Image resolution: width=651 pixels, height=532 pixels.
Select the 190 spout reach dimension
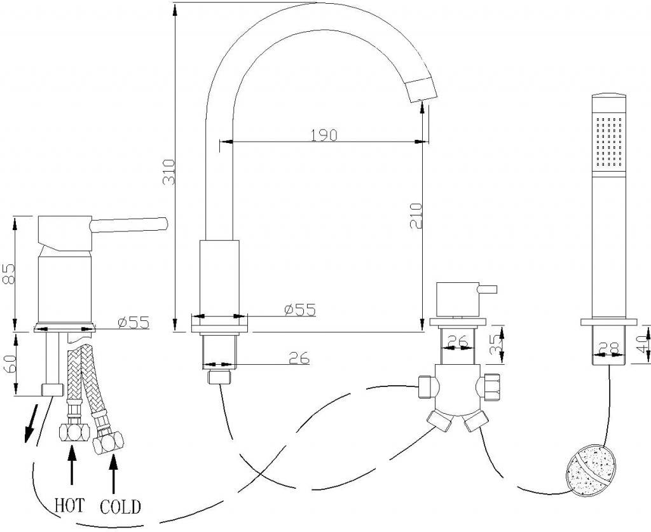pos(324,135)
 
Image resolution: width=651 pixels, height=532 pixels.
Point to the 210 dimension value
pos(416,216)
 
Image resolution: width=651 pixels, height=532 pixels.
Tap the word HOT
pos(70,505)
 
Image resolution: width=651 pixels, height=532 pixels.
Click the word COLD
pos(120,507)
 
